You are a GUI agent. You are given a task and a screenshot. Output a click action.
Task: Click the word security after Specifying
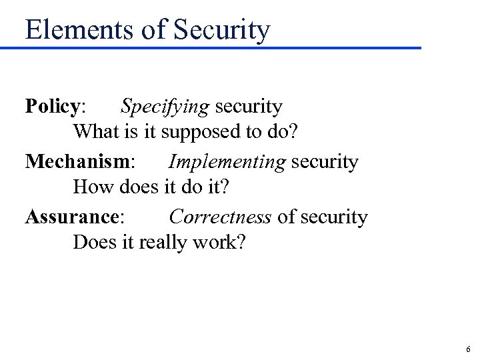(x=248, y=107)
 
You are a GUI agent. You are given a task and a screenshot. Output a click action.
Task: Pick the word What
(x=95, y=132)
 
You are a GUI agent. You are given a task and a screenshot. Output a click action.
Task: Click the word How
(x=91, y=187)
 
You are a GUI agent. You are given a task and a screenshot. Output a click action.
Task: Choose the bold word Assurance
(x=73, y=217)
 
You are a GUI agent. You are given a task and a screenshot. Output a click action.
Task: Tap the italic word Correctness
(x=219, y=217)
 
